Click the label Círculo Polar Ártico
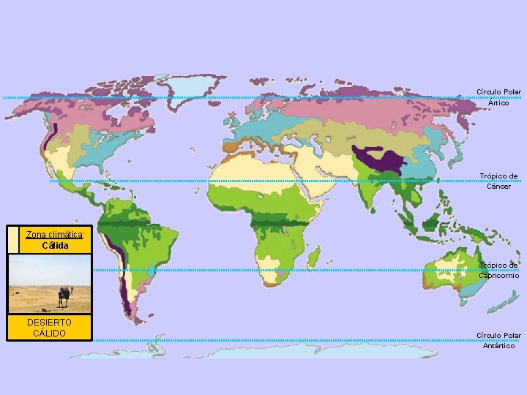pyautogui.click(x=498, y=97)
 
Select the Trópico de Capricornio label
pyautogui.click(x=498, y=270)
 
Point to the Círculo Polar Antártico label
pyautogui.click(x=498, y=340)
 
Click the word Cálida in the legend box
pyautogui.click(x=56, y=245)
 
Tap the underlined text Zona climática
pyautogui.click(x=55, y=235)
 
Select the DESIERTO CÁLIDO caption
pyautogui.click(x=49, y=328)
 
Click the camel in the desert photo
pyautogui.click(x=64, y=296)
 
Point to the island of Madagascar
pyautogui.click(x=313, y=258)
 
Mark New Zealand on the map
pyautogui.click(x=504, y=303)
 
